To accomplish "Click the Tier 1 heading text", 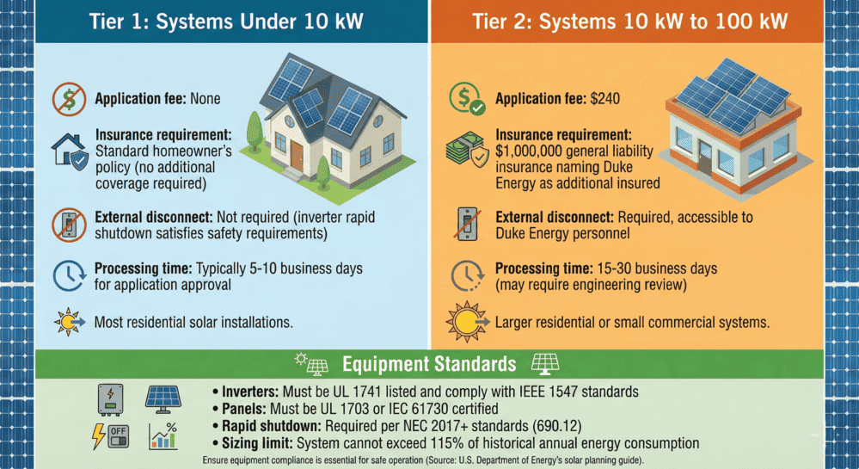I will tap(214, 22).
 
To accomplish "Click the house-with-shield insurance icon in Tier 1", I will tap(69, 152).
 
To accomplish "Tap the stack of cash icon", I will tap(464, 151).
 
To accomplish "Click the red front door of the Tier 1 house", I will tap(296, 154).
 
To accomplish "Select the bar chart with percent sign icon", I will tap(163, 435).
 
